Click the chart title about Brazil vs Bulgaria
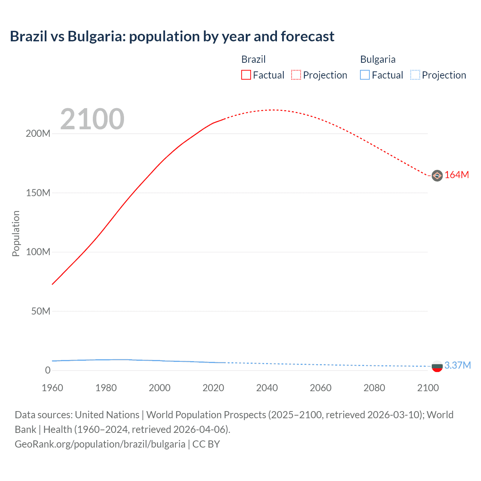pos(172,36)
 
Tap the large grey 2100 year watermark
pos(92,119)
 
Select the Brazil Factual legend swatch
pos(246,75)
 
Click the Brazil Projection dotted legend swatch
pos(296,75)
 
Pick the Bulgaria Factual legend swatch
pos(365,75)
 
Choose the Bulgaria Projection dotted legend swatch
pos(415,75)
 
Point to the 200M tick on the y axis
pos(38,134)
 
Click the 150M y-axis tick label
pos(38,193)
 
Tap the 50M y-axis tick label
pos(41,312)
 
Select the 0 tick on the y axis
pos(47,371)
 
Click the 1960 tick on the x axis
pos(52,388)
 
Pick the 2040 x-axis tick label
pos(267,388)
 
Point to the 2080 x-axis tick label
pos(374,388)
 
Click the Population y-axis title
pos(16,233)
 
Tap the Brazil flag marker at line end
pos(437,175)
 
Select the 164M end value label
pos(457,175)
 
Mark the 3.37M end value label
pos(457,366)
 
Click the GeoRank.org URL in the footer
pos(100,444)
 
